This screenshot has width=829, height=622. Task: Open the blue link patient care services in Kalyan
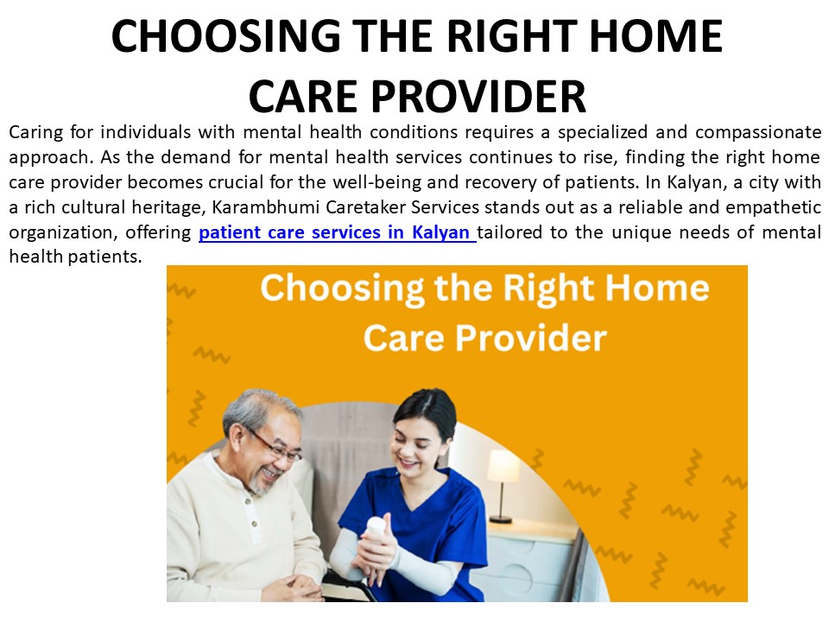(337, 232)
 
